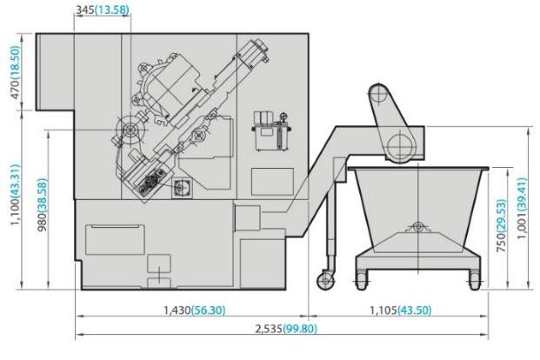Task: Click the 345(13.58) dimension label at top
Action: (x=103, y=10)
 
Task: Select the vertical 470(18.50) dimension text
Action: (x=16, y=72)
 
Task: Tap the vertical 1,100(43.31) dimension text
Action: (x=16, y=195)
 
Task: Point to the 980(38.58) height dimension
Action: (x=42, y=204)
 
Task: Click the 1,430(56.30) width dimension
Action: (x=195, y=310)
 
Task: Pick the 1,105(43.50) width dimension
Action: (x=401, y=310)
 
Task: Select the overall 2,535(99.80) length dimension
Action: (x=286, y=329)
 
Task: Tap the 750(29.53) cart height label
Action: (x=502, y=225)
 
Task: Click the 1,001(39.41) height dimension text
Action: (x=522, y=209)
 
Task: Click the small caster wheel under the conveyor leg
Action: (x=325, y=281)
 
